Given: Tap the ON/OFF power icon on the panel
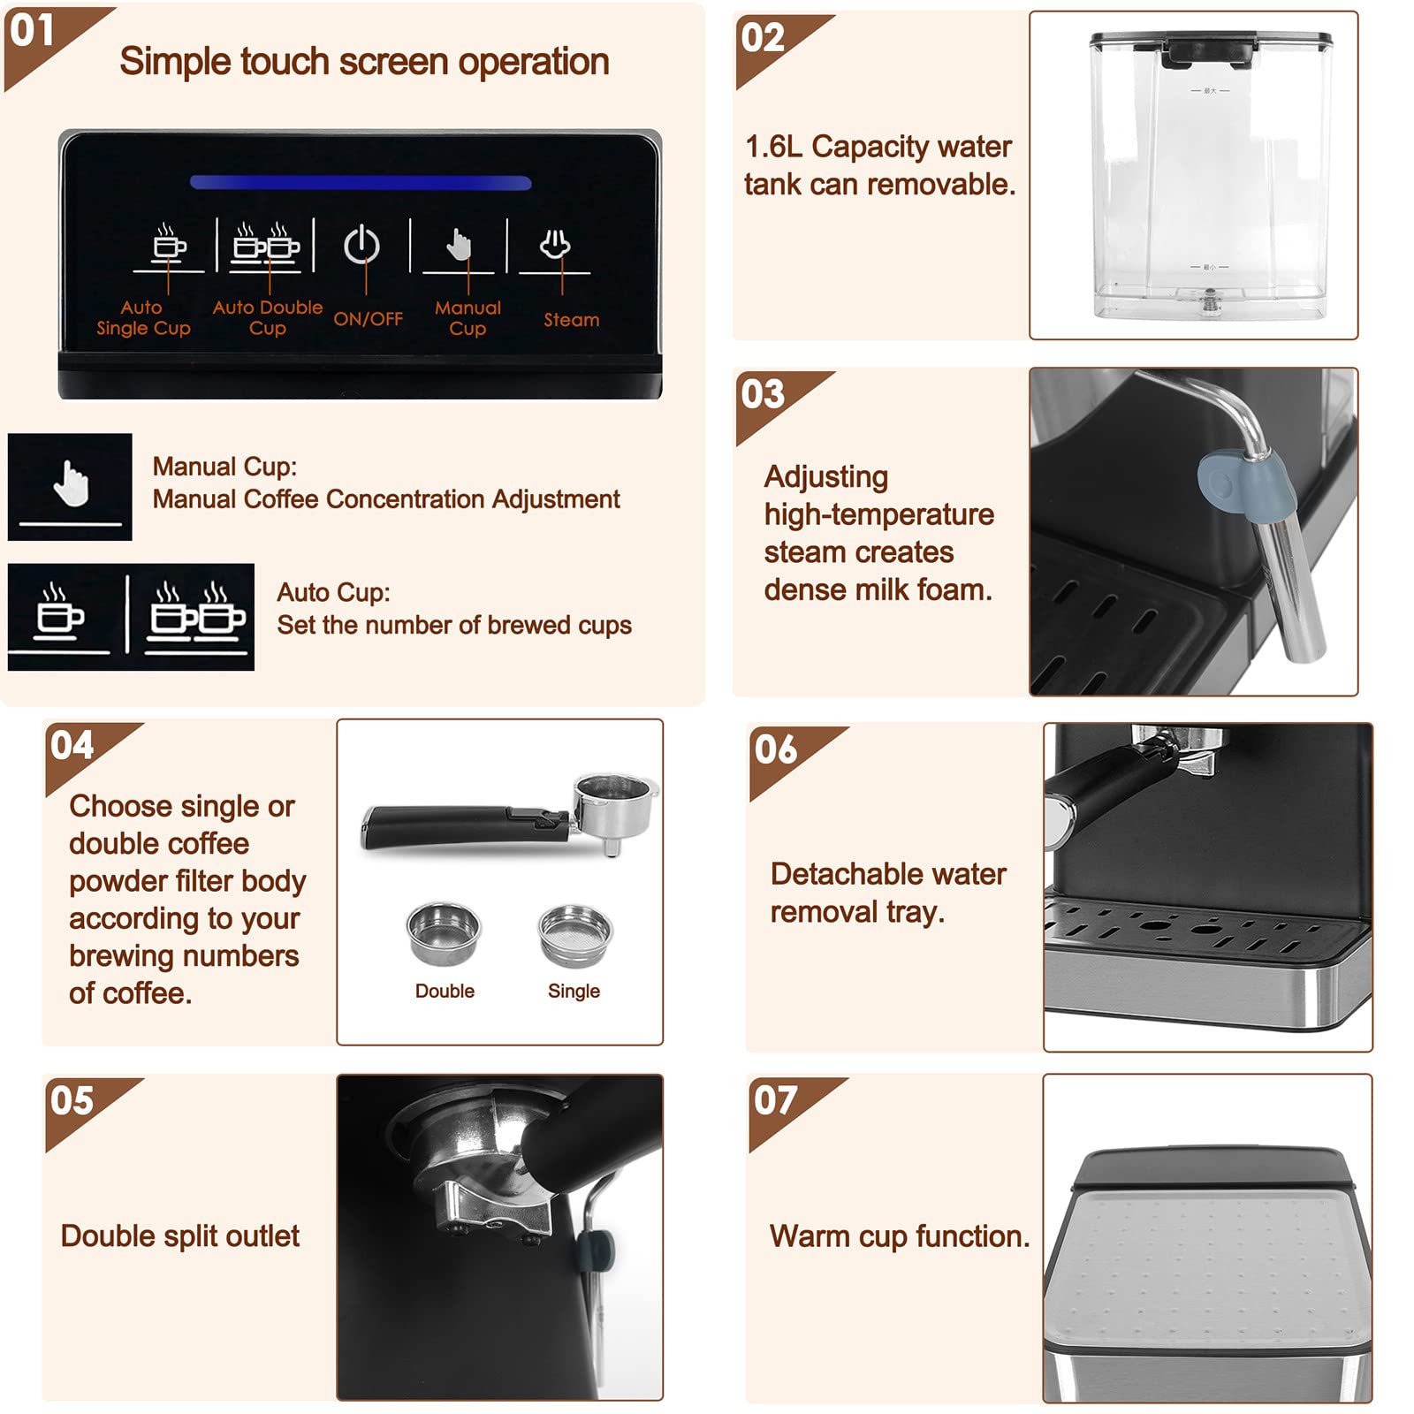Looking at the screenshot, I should click(361, 247).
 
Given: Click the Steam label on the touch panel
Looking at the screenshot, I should click(571, 320).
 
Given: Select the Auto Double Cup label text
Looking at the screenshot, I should click(267, 317).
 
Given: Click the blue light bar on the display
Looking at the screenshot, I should click(361, 183).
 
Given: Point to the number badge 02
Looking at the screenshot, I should click(763, 38).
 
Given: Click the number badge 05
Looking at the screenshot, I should click(72, 1101).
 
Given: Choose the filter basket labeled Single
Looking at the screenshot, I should click(574, 935).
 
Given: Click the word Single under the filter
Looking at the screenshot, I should click(574, 992).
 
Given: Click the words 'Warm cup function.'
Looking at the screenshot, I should click(899, 1236).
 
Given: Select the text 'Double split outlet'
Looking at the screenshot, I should click(179, 1236).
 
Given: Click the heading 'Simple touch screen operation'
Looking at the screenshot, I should click(364, 62).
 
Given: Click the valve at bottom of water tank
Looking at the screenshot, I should click(1210, 304).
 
